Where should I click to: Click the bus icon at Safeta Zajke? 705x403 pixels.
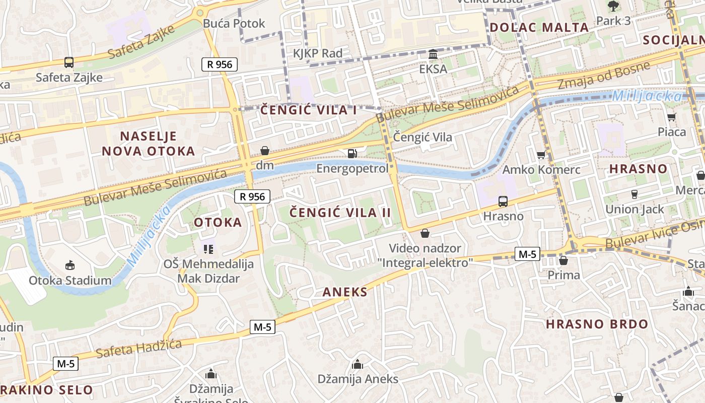point(69,62)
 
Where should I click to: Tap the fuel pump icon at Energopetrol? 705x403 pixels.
point(352,153)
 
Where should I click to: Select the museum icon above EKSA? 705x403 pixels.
point(433,54)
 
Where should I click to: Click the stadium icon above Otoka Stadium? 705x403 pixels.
point(70,265)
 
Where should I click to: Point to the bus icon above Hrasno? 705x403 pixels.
point(503,201)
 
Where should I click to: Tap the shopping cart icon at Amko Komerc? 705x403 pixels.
point(541,155)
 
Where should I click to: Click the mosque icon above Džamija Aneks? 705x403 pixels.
point(358,364)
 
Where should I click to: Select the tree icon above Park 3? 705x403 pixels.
point(613,7)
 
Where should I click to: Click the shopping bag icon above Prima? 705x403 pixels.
point(563,260)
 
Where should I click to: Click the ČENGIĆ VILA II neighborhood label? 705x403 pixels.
point(340,213)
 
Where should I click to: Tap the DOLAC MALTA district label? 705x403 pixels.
point(539,28)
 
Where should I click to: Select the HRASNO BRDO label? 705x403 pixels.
point(597,324)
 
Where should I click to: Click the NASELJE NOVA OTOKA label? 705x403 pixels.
point(148,144)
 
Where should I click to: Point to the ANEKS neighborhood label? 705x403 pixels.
point(345,292)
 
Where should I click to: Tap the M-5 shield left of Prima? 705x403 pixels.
point(527,254)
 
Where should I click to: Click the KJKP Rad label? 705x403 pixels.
point(318,53)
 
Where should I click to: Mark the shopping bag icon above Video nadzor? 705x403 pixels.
point(425,233)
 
